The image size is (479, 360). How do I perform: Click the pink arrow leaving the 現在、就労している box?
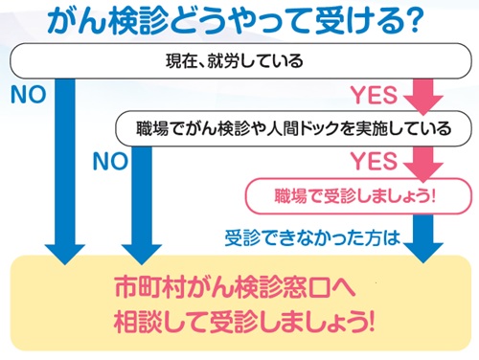click(422, 96)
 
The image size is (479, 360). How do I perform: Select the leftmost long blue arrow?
click(65, 172)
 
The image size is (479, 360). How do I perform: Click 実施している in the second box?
click(397, 127)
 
